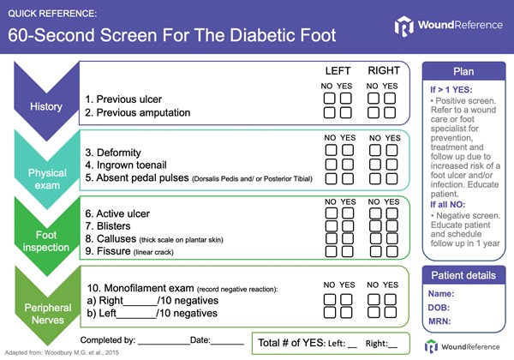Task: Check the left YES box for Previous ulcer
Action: click(345, 99)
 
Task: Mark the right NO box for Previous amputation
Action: click(374, 112)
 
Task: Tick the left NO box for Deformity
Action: click(329, 150)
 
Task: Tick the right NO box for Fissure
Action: click(374, 255)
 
